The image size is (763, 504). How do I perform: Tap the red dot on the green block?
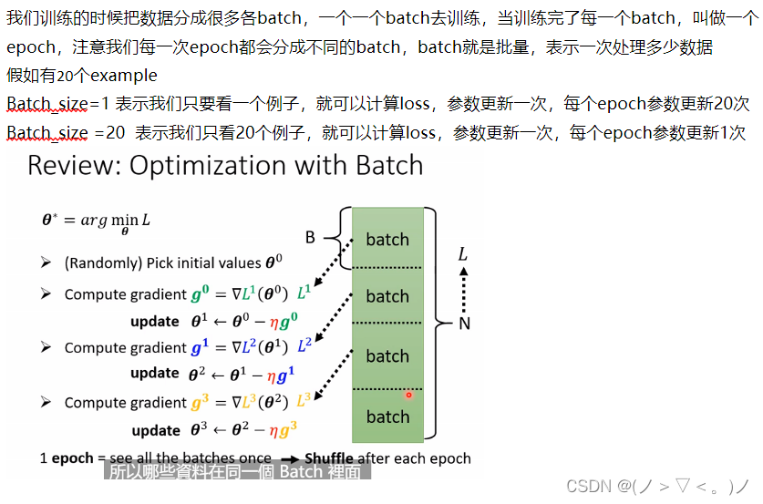(408, 395)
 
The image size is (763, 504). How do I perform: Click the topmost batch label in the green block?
(387, 240)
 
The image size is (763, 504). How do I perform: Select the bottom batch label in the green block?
(387, 417)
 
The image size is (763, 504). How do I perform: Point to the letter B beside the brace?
(310, 238)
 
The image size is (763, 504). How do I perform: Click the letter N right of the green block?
(464, 322)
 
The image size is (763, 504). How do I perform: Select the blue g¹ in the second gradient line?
(197, 347)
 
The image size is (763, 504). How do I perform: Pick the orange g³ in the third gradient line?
(197, 403)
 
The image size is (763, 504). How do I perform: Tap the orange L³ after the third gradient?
(304, 401)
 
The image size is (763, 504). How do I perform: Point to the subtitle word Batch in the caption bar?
(300, 472)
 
